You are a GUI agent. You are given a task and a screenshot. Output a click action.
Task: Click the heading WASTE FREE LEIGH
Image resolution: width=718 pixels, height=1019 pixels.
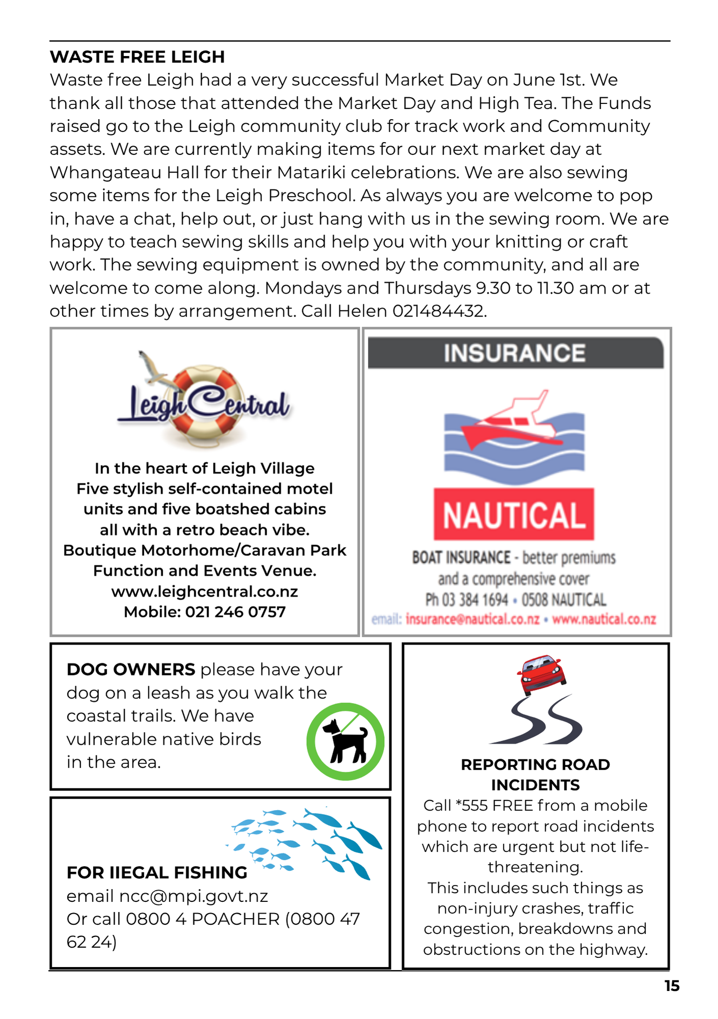point(137,57)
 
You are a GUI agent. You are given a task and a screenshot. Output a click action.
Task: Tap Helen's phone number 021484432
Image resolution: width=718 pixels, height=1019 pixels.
point(439,311)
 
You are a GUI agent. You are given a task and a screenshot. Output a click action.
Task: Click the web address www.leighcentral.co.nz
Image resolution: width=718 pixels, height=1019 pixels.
point(204,592)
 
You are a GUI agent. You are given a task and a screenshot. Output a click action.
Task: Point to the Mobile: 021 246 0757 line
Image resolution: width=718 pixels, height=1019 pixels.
point(204,612)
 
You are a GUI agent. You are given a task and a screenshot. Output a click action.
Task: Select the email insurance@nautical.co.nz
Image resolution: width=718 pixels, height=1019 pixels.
point(472,620)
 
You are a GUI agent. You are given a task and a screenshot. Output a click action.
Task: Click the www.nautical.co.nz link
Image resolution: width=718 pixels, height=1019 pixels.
point(604,620)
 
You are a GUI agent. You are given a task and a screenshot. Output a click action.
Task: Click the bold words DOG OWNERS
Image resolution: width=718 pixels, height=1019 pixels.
point(131,669)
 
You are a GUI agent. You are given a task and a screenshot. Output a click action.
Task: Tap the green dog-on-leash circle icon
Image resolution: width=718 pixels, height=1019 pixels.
point(345,741)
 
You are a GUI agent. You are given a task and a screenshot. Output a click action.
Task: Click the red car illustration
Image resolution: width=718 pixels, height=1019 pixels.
point(541,674)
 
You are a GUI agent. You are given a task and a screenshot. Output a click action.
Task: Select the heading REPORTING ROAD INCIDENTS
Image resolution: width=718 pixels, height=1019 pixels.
point(535,774)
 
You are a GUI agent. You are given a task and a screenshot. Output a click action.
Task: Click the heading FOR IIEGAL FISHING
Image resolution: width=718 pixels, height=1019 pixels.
point(157,873)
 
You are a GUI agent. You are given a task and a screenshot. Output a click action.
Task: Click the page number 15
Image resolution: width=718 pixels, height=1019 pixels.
point(672,986)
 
